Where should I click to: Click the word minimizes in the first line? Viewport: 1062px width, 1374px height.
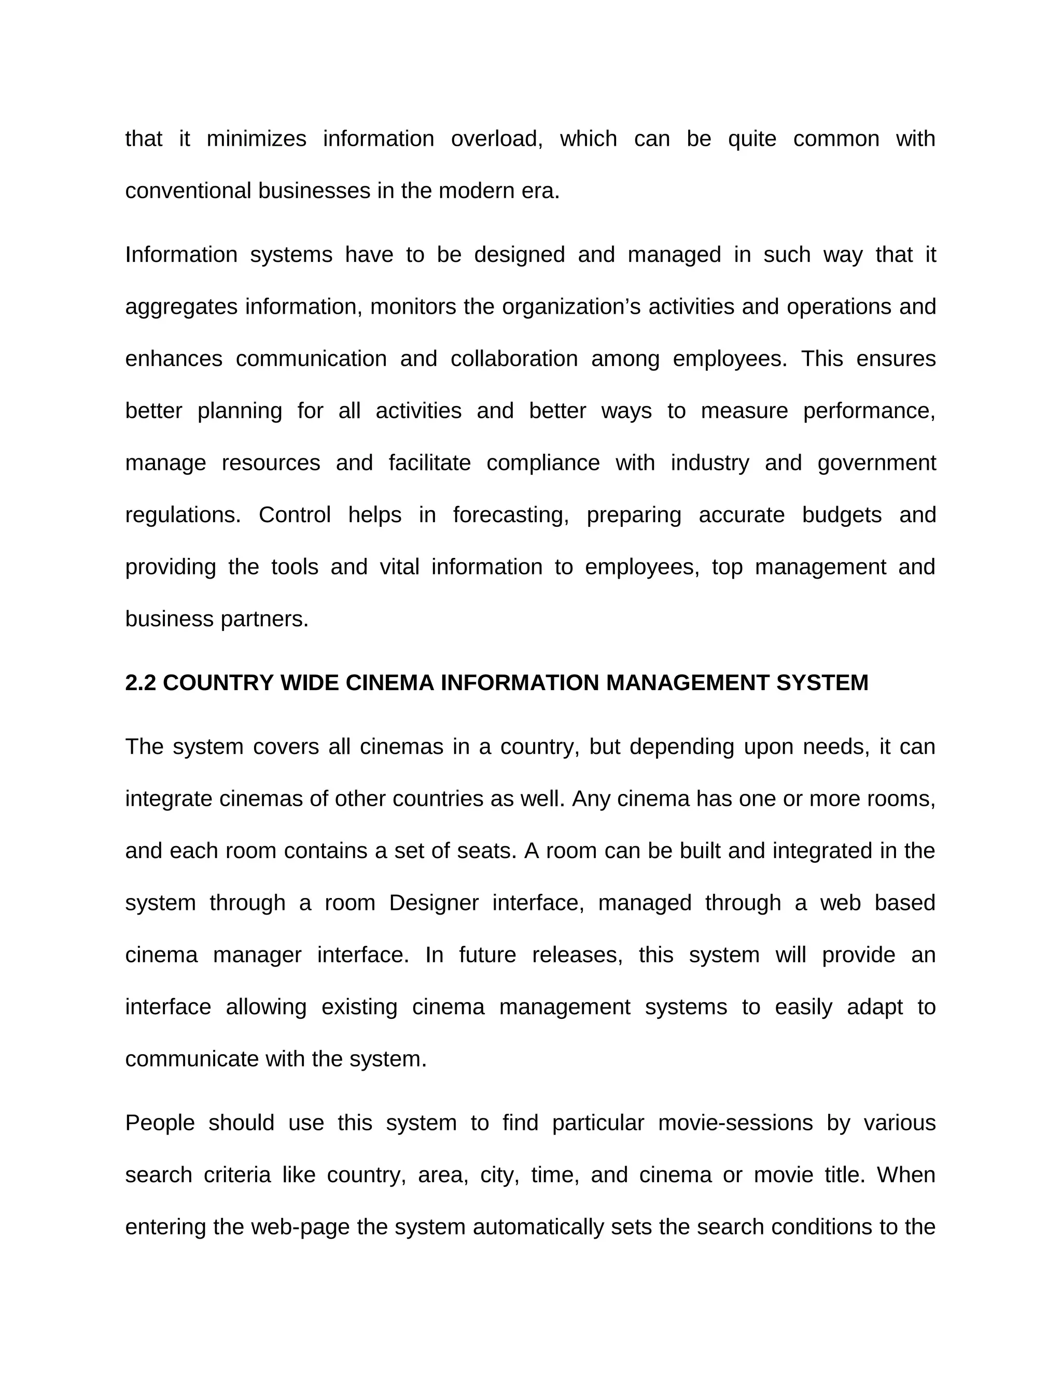click(x=256, y=139)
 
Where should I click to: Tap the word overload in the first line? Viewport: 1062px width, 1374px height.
click(x=496, y=139)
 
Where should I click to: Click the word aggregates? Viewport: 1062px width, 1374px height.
click(x=180, y=307)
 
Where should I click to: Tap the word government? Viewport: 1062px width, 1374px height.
click(x=876, y=464)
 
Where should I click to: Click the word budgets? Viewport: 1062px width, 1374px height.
click(x=841, y=515)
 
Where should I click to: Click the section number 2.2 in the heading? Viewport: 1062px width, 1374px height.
click(x=139, y=683)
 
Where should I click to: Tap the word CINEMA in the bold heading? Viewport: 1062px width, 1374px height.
click(x=389, y=683)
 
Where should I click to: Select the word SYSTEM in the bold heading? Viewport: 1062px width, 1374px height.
click(x=822, y=683)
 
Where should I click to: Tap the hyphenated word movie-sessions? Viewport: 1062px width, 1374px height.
click(x=735, y=1124)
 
